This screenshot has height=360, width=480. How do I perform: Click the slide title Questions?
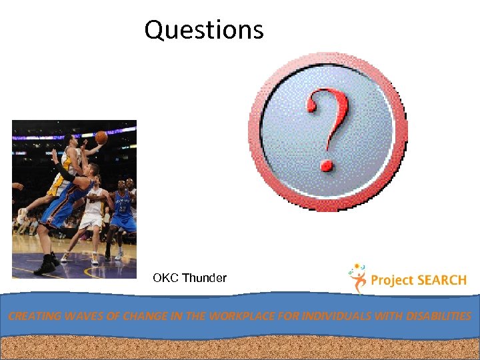click(204, 30)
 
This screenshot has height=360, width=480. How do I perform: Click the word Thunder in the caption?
click(205, 278)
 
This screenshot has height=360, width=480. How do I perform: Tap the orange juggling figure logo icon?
click(357, 278)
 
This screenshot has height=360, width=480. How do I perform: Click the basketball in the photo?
click(101, 137)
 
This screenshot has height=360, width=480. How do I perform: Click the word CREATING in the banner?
click(33, 316)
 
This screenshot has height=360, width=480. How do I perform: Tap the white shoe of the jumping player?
click(21, 216)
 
